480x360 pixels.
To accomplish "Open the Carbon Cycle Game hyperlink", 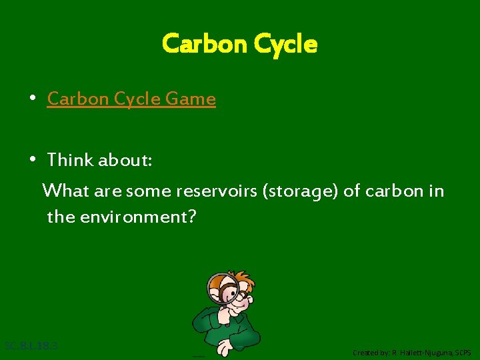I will point(131,99).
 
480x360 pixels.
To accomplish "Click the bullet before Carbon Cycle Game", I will point(32,99).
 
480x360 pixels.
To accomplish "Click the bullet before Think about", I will point(32,160).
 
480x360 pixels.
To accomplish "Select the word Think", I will point(71,160).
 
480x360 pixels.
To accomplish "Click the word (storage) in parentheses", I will point(301,191).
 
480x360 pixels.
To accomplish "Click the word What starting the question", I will point(65,191).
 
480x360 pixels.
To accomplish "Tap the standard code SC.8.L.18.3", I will point(31,346).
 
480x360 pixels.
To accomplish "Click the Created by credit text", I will point(411,352).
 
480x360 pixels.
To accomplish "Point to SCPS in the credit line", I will point(463,352).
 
